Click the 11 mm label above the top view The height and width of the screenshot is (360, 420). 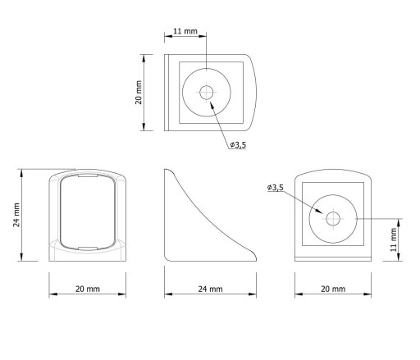[185, 31]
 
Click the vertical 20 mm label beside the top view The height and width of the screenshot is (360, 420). [139, 93]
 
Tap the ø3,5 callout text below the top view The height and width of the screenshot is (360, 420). [238, 144]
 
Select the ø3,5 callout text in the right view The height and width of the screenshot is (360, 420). [276, 188]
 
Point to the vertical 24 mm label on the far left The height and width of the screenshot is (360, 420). [16, 215]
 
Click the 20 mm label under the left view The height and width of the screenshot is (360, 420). [88, 289]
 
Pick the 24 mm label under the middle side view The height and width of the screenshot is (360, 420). [210, 289]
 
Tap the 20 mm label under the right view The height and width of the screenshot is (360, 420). [333, 289]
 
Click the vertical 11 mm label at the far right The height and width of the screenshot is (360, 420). [394, 239]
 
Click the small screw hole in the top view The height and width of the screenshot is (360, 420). [207, 93]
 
